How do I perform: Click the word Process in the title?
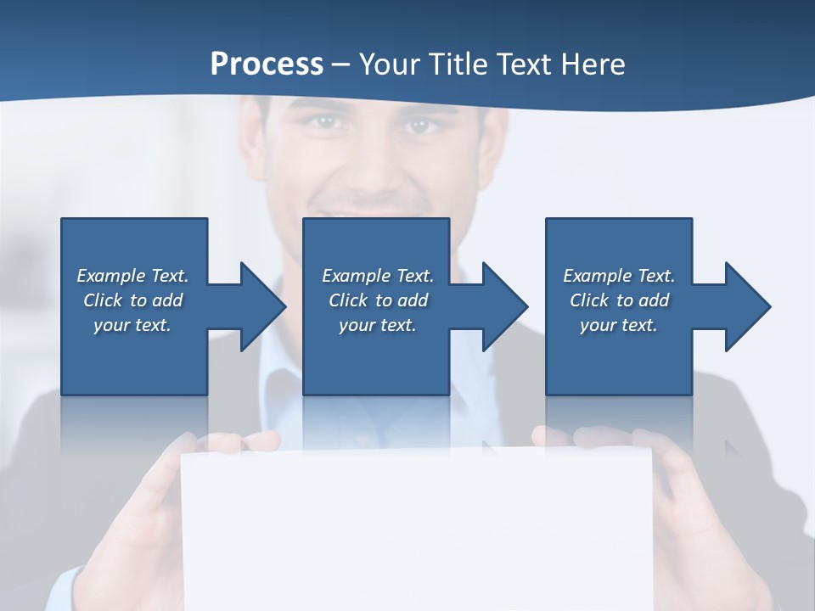coord(267,64)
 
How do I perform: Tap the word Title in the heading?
coord(458,64)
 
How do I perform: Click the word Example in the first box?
coord(111,276)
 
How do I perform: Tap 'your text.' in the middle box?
coord(377,325)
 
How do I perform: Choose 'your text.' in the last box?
coord(618,325)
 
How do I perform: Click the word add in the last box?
coord(655,300)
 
